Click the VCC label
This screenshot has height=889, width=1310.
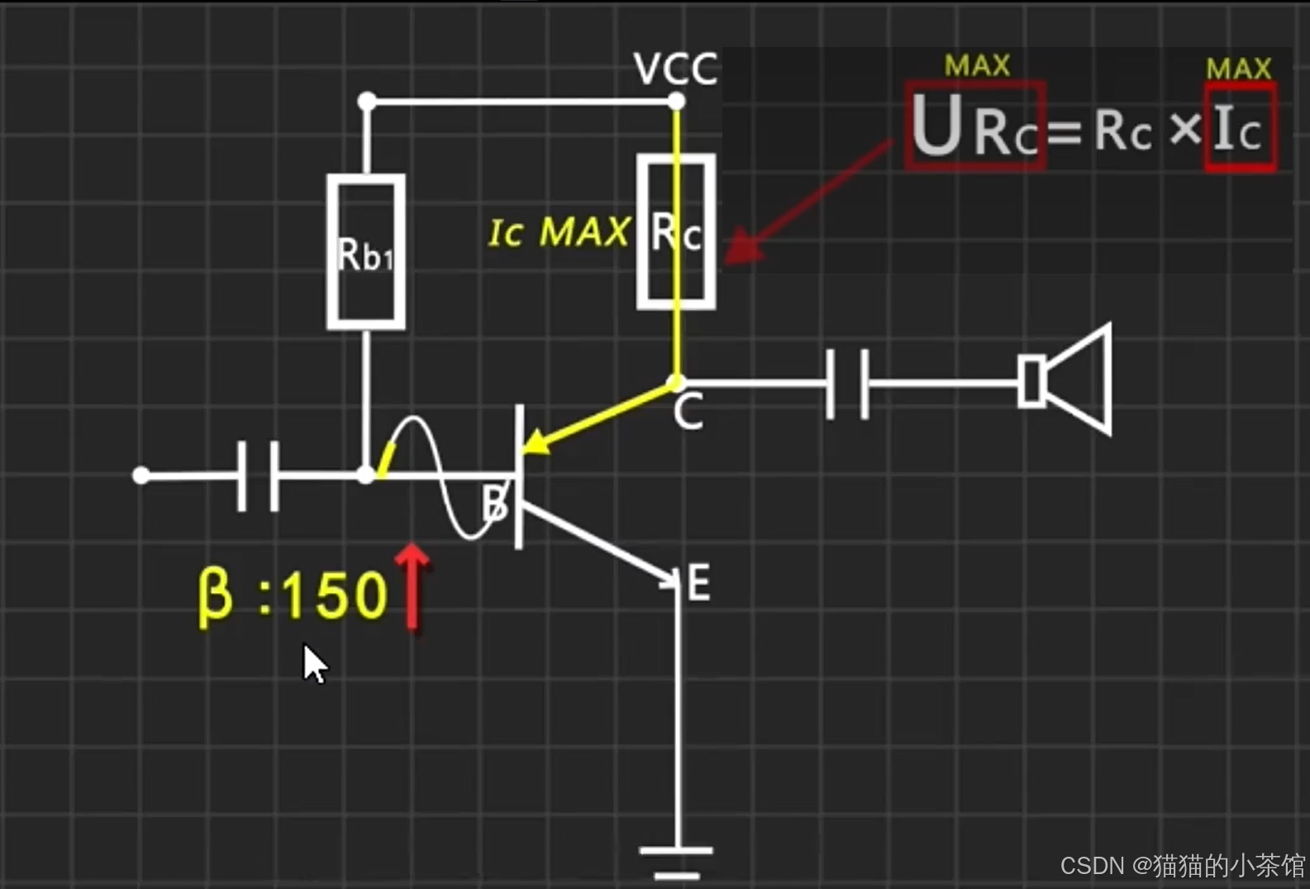[x=674, y=69]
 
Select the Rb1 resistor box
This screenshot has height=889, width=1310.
[x=365, y=252]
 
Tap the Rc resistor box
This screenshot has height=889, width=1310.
[x=676, y=232]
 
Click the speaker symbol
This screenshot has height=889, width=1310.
[x=1066, y=380]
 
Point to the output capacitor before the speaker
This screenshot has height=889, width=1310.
[x=848, y=383]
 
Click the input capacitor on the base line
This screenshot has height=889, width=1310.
[x=258, y=476]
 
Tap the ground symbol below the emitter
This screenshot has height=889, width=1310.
[x=676, y=860]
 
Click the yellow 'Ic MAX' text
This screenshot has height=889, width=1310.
[x=559, y=232]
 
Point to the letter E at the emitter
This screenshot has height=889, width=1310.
[x=698, y=583]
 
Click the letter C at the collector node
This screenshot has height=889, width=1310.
[x=688, y=412]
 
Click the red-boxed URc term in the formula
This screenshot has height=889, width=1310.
[x=975, y=127]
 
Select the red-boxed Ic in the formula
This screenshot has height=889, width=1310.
[x=1239, y=129]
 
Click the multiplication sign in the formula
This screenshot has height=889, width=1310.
[x=1185, y=129]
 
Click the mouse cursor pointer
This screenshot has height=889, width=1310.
[x=313, y=663]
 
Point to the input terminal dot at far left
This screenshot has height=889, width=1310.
[x=141, y=476]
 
